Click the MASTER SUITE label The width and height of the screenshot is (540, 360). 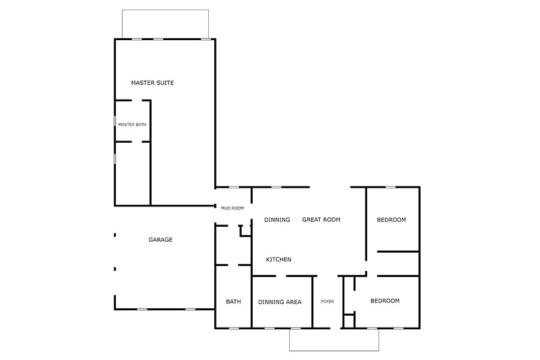pos(152,83)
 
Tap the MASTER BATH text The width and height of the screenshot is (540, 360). pos(132,125)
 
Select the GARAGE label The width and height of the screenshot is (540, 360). pos(160,240)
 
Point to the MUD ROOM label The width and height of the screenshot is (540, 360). pos(232,208)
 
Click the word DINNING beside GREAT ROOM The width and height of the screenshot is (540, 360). pos(277,220)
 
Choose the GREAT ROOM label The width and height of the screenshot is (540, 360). pos(321,220)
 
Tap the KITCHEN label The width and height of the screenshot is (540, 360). pos(279,260)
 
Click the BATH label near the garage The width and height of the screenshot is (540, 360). pos(233,302)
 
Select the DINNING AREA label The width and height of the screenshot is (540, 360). pos(280,302)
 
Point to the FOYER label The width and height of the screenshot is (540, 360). pos(328,302)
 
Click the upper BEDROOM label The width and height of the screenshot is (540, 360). pos(391,220)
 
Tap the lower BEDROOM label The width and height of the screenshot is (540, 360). pos(385,301)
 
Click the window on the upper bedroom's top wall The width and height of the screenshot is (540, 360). pos(391,187)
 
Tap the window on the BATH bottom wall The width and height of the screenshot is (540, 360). pos(233,328)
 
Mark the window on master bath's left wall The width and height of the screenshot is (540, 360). pos(115,121)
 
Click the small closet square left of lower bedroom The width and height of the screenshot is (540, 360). pos(349,320)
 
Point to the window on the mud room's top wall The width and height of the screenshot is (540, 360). pos(233,187)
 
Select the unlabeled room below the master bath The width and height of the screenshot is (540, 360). pos(132,174)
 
